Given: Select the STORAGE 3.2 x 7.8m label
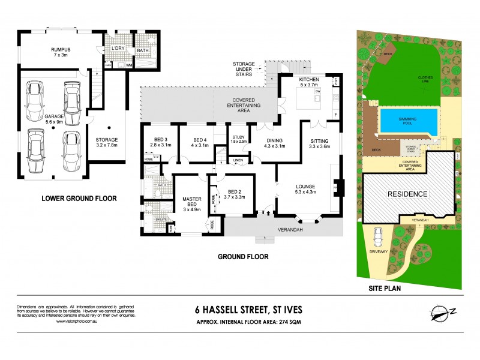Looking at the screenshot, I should coord(107,141).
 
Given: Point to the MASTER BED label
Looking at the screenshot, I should coord(191,204).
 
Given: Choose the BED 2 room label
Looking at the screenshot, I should coord(234,193).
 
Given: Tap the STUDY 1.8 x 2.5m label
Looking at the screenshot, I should coord(238,139).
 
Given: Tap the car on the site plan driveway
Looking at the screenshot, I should coord(379,239).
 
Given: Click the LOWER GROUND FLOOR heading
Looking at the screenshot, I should coord(78,198).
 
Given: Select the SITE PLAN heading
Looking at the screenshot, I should coord(385,288).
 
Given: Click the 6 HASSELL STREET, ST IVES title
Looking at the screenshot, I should coord(249,310).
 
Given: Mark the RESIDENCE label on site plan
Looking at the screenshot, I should coord(407,194).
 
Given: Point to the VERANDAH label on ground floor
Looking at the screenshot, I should coord(289,229).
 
